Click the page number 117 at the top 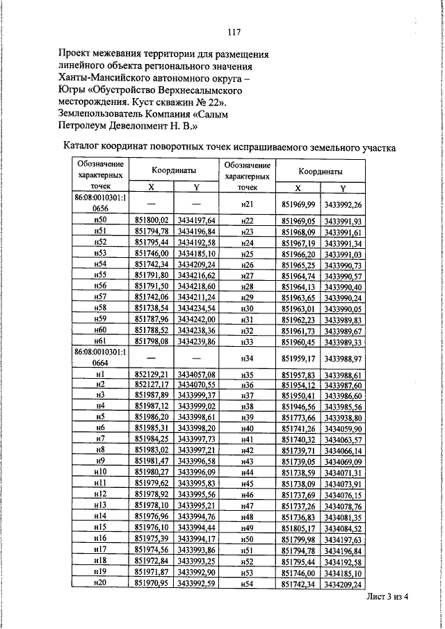(234, 31)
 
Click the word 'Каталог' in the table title (85, 147)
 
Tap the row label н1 (100, 374)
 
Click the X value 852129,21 (152, 374)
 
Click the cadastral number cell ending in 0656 (100, 203)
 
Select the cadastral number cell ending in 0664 (100, 358)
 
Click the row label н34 (248, 358)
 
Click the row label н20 (100, 583)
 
